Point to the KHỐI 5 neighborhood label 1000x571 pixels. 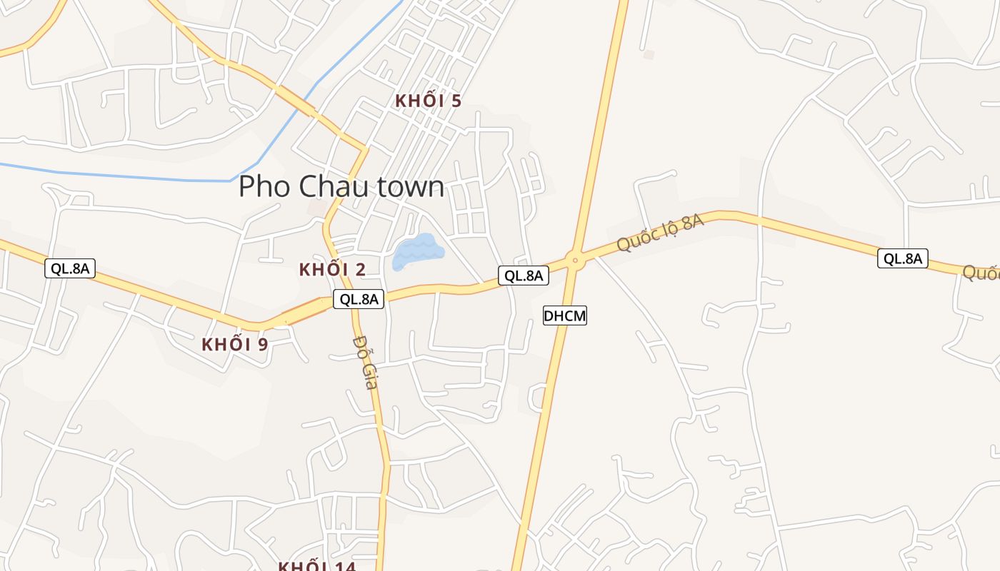click(428, 101)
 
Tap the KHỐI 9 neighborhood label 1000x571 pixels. click(234, 344)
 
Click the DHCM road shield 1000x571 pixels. click(564, 315)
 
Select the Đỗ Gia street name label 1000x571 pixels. click(365, 362)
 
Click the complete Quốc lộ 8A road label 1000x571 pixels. click(660, 232)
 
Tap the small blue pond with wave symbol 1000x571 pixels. click(417, 252)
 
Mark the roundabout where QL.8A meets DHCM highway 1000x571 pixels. click(575, 260)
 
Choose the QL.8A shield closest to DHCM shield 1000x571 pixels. click(523, 276)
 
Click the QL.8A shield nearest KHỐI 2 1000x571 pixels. click(358, 299)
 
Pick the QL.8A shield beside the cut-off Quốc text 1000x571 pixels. click(902, 258)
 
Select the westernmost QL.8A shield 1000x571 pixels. click(70, 268)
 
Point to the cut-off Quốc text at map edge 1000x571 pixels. click(981, 273)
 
